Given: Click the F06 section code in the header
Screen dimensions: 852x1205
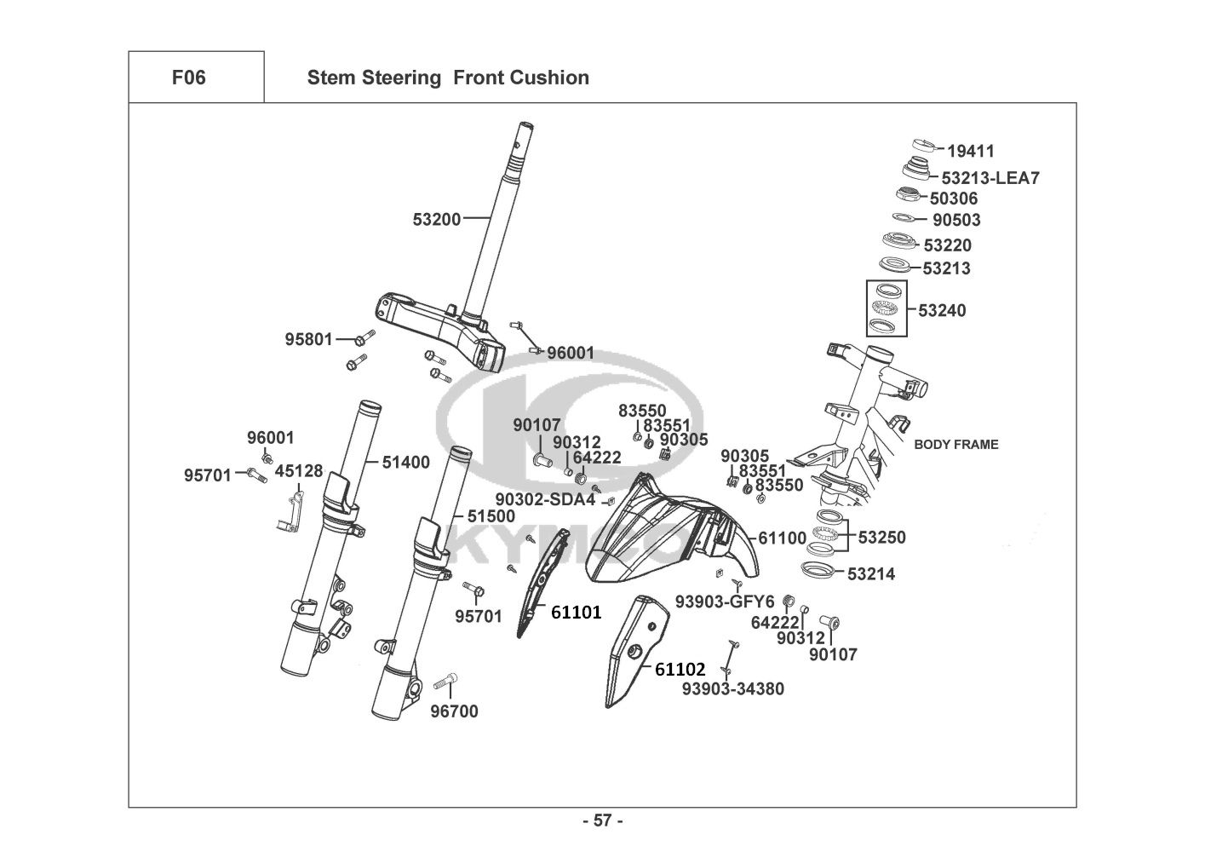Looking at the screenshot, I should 188,78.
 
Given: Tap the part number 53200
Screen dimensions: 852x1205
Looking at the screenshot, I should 436,219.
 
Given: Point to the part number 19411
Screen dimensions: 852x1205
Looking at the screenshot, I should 971,152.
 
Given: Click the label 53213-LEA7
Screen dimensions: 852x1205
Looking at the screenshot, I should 990,178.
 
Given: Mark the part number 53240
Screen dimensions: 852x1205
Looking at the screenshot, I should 942,310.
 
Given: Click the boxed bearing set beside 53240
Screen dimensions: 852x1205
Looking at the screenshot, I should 887,308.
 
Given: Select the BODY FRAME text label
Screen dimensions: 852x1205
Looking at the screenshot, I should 955,444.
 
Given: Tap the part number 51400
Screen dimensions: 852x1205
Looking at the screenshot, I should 405,463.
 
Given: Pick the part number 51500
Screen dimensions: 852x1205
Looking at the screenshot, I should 491,516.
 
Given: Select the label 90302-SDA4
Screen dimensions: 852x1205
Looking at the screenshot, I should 545,499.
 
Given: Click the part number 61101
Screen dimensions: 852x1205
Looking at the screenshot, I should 576,612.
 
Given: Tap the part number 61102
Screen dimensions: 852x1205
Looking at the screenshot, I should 680,670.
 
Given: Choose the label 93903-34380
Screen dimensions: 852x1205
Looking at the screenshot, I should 732,688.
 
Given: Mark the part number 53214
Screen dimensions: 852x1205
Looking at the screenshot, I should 871,574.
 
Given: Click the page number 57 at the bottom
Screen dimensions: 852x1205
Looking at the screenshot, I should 602,820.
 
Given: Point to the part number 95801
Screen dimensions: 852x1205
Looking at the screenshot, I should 308,339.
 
